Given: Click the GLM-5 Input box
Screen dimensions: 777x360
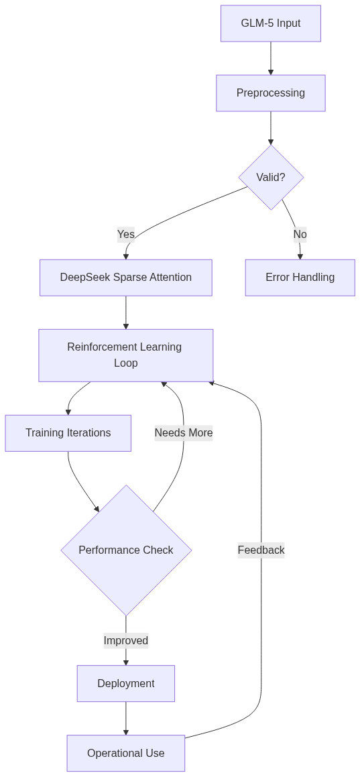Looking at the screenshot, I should [x=271, y=23].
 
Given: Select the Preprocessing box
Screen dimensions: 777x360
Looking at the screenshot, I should [x=271, y=93].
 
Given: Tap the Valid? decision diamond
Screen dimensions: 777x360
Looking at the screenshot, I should [x=271, y=178].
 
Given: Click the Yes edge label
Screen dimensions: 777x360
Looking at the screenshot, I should [x=126, y=234].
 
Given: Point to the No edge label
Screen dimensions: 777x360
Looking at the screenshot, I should [x=300, y=234].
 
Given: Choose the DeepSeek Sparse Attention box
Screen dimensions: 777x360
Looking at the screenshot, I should [x=126, y=278].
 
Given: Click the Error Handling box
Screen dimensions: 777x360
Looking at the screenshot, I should [x=300, y=278].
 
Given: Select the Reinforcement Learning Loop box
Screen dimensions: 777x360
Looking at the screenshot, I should [x=126, y=355].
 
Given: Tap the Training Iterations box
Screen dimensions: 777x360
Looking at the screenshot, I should [x=68, y=433].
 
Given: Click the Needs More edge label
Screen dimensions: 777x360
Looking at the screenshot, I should [x=184, y=433].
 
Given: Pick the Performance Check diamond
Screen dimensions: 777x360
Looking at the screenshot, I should [x=126, y=550].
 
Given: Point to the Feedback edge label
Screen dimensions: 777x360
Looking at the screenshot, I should [x=261, y=550].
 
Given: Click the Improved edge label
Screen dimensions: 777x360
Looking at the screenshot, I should [x=126, y=641].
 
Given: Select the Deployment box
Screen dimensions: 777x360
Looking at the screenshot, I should [x=126, y=684].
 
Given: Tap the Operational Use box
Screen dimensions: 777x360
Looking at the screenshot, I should [x=126, y=754].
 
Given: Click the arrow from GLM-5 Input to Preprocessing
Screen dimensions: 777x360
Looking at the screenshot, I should [x=271, y=58].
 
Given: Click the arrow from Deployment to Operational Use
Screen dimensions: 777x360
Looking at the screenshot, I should [x=126, y=718].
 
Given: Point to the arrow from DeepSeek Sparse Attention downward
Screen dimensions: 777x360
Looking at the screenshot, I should [x=126, y=312].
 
